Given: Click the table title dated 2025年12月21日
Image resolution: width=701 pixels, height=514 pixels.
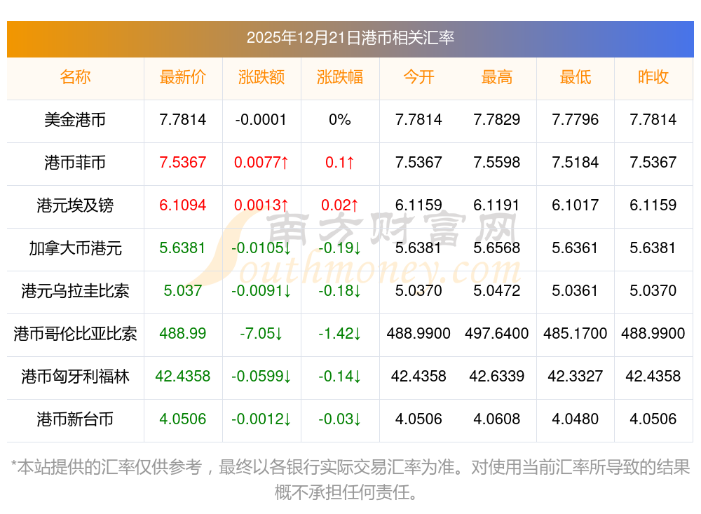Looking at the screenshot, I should [x=350, y=38].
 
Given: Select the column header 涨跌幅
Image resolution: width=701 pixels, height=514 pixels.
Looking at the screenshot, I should [x=340, y=77].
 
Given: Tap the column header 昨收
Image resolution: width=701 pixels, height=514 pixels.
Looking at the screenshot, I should [x=653, y=77].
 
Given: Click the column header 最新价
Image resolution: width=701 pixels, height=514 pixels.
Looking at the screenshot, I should [x=183, y=77].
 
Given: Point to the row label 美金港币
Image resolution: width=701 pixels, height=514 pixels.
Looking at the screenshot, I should [x=75, y=120].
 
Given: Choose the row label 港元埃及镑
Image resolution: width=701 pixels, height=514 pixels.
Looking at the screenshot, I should [x=75, y=205].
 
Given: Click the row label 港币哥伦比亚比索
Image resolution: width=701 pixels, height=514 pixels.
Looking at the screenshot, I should [x=75, y=334].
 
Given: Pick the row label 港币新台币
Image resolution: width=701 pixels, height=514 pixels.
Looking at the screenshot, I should [x=75, y=419].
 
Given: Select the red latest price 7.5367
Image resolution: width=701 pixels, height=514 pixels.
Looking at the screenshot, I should [x=183, y=163].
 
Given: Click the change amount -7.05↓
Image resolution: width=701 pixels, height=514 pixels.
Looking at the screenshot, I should [x=261, y=334].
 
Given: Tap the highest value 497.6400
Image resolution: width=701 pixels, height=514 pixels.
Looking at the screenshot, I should [x=497, y=334].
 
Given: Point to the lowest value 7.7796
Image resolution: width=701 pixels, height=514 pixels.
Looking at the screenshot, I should [x=576, y=120].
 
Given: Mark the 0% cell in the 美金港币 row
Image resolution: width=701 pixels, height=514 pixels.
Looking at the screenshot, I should [x=340, y=120].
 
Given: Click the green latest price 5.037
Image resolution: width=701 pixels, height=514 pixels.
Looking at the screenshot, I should [x=183, y=291].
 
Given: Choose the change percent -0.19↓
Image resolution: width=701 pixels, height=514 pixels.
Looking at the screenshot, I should [x=340, y=248].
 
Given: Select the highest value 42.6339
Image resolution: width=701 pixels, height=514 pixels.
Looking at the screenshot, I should [x=497, y=377].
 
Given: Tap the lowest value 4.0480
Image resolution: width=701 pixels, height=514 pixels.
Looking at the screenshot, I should [x=576, y=419].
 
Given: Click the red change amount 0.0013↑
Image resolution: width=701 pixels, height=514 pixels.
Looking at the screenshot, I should [x=261, y=205].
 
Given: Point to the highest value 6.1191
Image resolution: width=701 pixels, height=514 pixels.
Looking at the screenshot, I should [x=497, y=205].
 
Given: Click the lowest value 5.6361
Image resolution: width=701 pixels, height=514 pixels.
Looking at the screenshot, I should [x=576, y=248].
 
